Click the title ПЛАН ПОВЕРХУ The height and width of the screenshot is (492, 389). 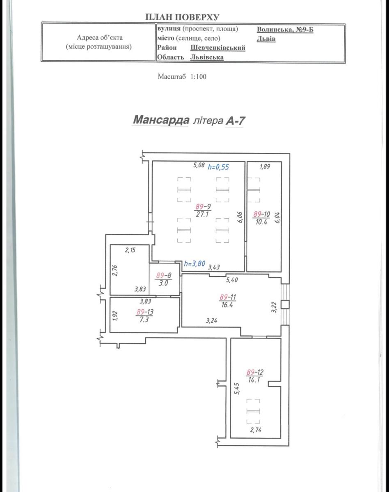click(x=182, y=17)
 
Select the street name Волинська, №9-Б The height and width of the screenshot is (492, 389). click(x=285, y=30)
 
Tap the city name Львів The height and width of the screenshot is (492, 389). click(x=266, y=39)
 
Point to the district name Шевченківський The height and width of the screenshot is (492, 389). click(x=218, y=48)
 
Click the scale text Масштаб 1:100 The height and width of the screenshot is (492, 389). click(x=182, y=76)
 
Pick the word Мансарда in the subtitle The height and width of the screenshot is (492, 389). click(x=161, y=120)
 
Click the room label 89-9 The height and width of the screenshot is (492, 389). click(x=203, y=207)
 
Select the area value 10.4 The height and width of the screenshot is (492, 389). click(x=261, y=221)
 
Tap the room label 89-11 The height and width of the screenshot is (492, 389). click(x=227, y=297)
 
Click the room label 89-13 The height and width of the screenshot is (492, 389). click(x=145, y=312)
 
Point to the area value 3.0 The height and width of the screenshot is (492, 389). click(x=163, y=283)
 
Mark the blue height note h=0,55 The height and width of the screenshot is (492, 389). click(x=218, y=167)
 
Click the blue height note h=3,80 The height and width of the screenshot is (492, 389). click(x=194, y=264)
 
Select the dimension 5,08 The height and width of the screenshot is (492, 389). click(x=199, y=165)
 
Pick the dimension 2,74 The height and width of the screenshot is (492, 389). click(x=256, y=430)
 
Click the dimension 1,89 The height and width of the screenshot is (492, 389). click(x=265, y=166)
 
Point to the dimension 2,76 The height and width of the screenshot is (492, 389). click(x=115, y=271)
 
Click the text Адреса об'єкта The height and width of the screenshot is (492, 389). click(x=100, y=37)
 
